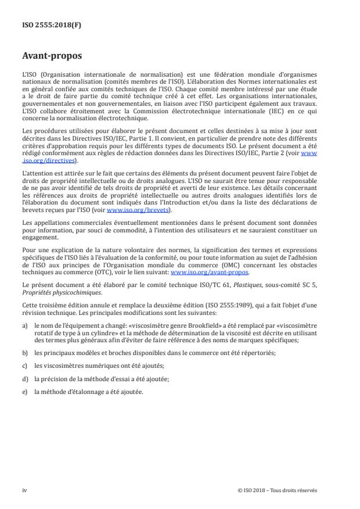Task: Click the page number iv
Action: click(24, 490)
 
